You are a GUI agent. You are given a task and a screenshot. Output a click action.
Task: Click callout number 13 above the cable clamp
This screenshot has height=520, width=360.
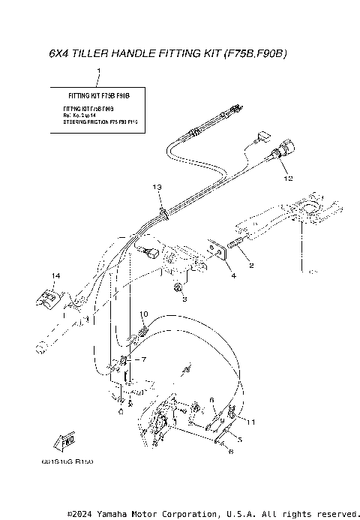[x=157, y=185]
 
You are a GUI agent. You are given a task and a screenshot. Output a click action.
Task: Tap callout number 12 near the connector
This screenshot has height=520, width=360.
[x=286, y=180]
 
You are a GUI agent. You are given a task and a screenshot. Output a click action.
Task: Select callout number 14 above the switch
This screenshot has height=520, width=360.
[x=55, y=276]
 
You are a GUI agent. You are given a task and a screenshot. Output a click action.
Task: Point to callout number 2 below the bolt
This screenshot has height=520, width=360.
[x=250, y=266]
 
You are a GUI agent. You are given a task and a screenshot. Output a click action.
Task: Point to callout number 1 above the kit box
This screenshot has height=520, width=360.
[x=98, y=69]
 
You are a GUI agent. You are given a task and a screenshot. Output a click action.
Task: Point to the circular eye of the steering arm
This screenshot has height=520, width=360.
[x=309, y=204]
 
